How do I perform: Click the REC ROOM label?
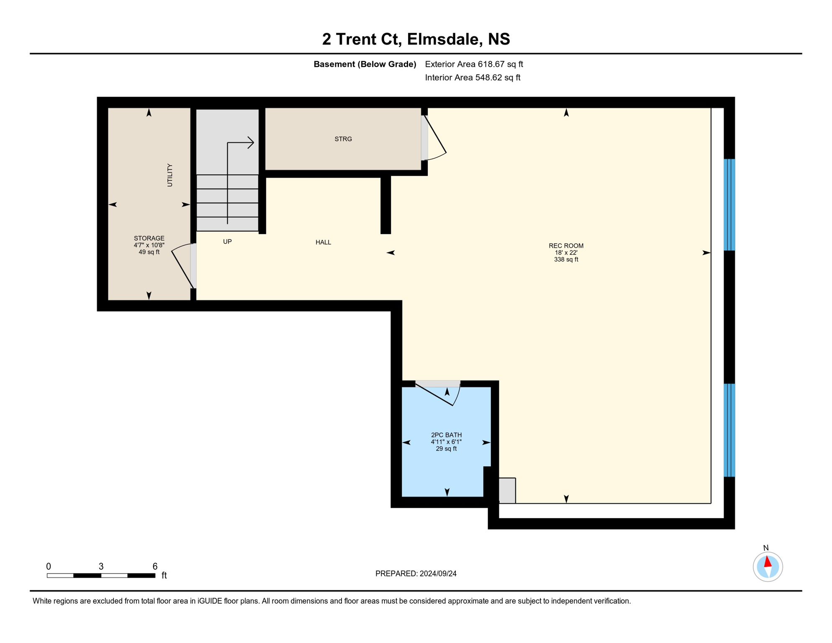(566, 246)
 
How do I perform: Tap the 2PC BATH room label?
(446, 435)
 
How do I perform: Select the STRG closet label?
(343, 139)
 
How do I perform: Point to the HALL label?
(323, 242)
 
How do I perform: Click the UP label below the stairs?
(227, 242)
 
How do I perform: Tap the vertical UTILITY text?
(169, 175)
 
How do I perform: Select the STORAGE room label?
(149, 238)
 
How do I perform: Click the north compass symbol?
(768, 566)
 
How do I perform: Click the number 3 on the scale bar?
(101, 566)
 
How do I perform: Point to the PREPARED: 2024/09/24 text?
(416, 574)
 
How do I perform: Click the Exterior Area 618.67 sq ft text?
(474, 64)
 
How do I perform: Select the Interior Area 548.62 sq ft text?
(472, 77)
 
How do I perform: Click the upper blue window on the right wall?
(729, 204)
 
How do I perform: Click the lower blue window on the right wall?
(729, 430)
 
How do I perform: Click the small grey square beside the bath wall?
(507, 490)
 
